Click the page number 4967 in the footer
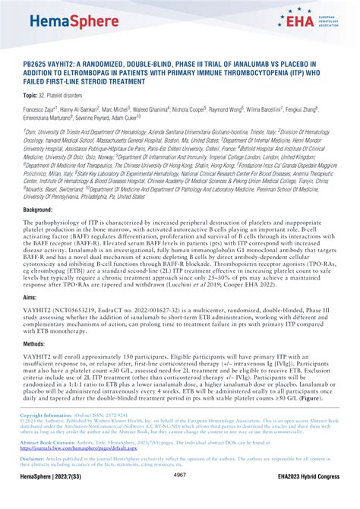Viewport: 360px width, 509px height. (x=180, y=496)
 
